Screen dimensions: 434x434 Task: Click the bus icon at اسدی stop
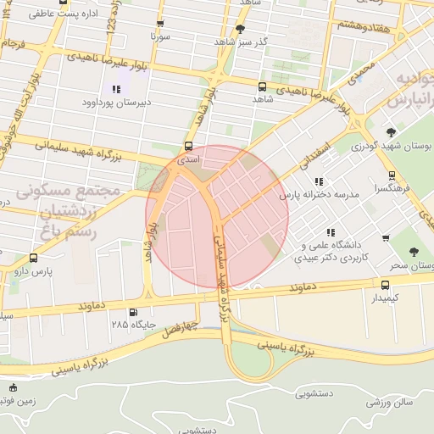pos(188,145)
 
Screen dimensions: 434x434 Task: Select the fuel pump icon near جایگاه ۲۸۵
pos(131,312)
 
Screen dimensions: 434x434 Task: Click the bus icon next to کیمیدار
pos(386,285)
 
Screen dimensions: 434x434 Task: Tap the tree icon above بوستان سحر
pos(414,252)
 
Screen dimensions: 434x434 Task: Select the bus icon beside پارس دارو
pos(33,258)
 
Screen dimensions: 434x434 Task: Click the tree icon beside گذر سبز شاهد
pos(240,29)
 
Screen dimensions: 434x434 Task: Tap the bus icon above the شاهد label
pos(261,86)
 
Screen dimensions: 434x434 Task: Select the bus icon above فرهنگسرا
pos(391,175)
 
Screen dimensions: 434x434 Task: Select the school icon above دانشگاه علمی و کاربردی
pos(330,232)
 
